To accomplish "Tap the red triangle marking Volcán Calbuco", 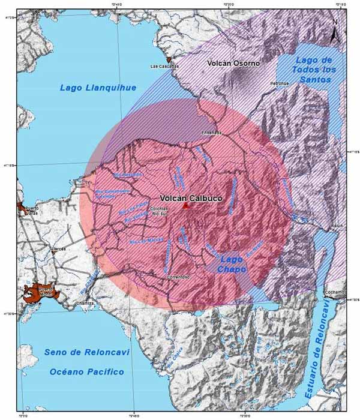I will pyautogui.click(x=186, y=206).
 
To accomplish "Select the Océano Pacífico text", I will pyautogui.click(x=86, y=372).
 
